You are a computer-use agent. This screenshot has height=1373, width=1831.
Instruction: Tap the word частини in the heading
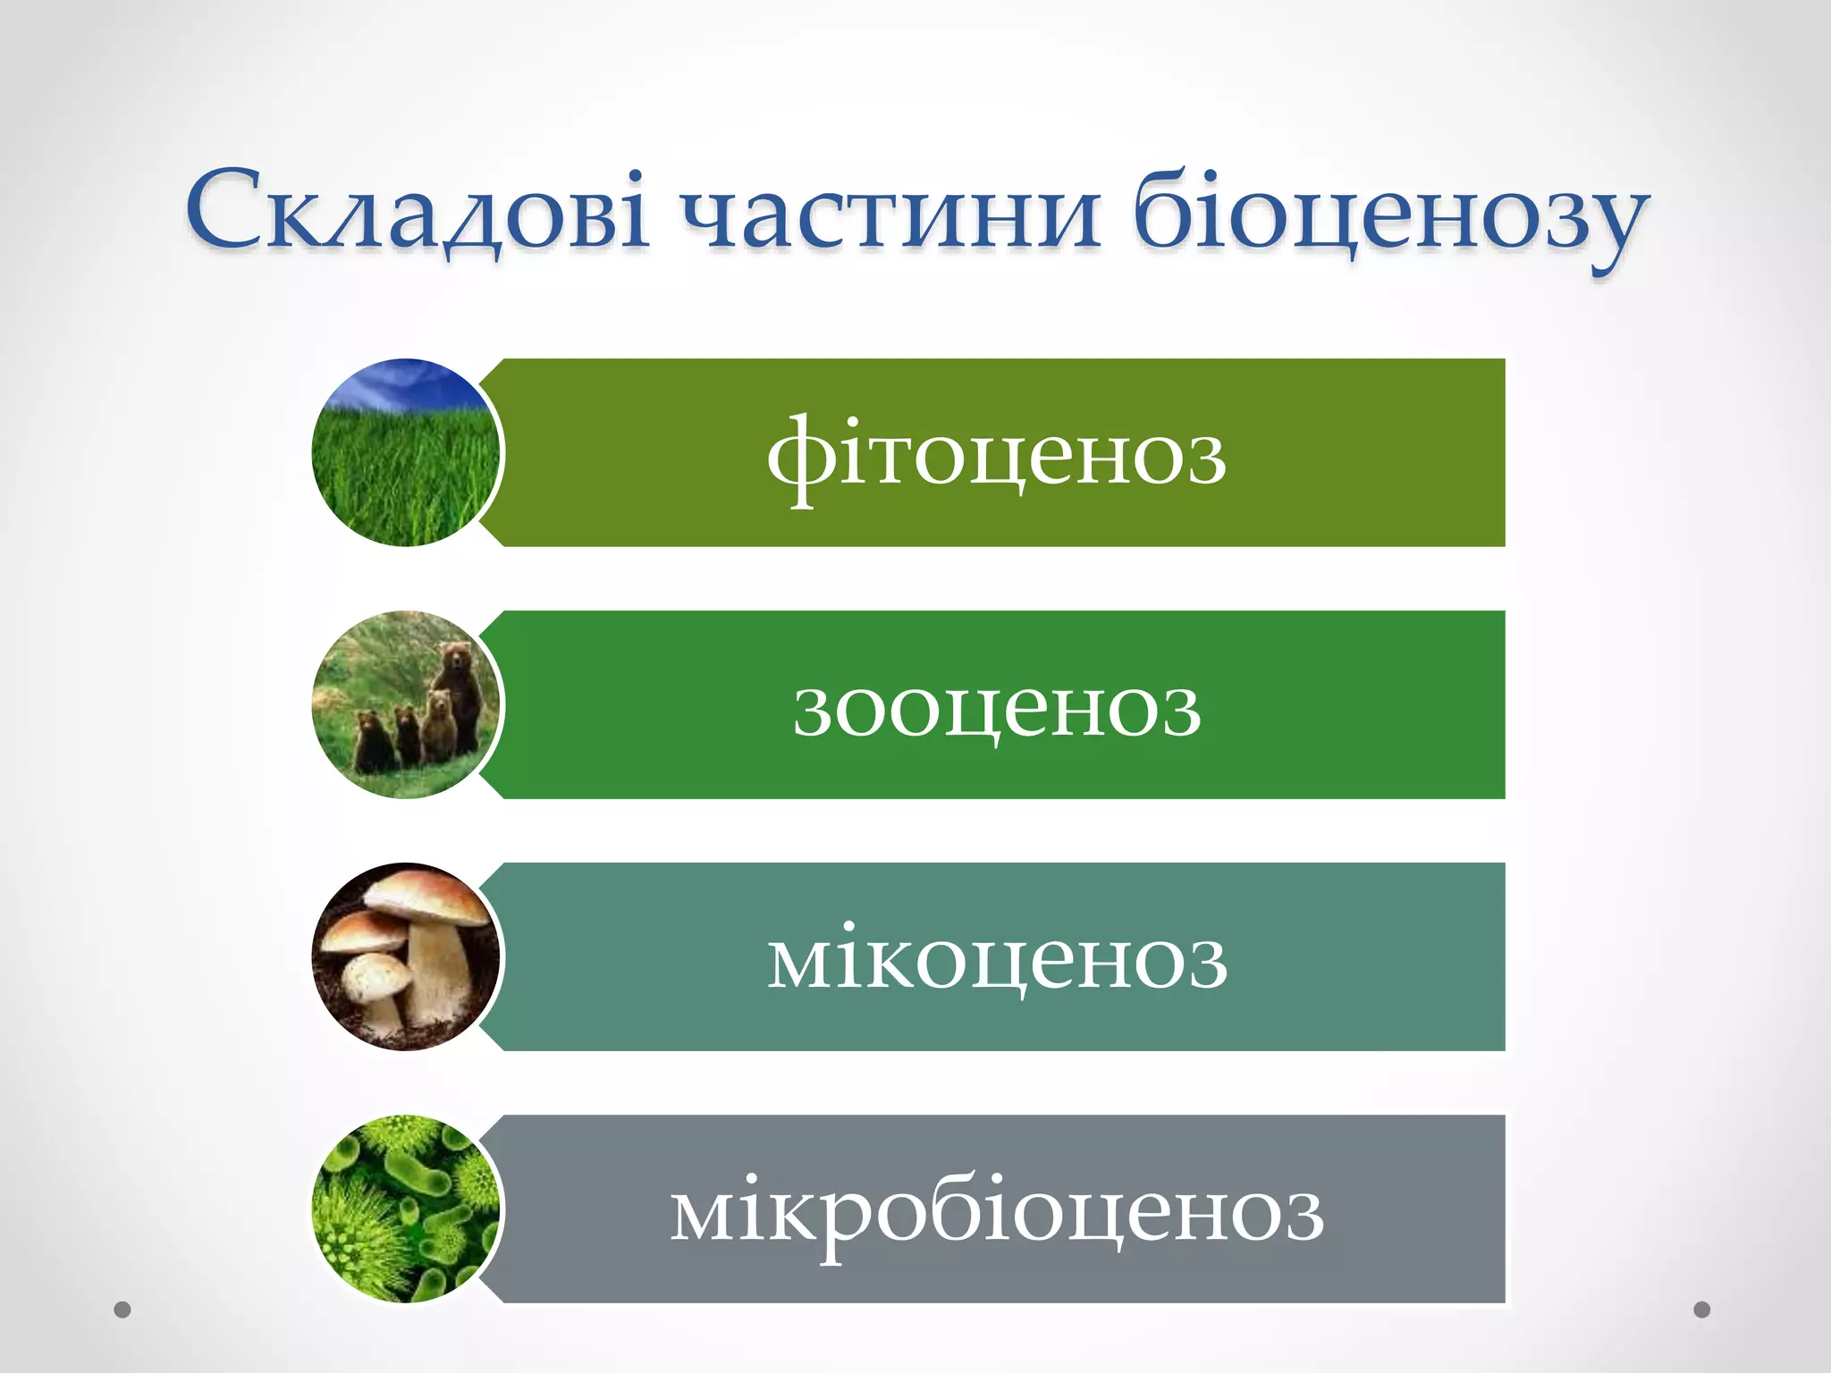(890, 215)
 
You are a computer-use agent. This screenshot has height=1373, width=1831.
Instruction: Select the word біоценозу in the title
(1390, 215)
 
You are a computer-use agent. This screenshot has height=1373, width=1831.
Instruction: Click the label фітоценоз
(996, 456)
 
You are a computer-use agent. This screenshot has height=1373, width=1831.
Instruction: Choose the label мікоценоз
(996, 960)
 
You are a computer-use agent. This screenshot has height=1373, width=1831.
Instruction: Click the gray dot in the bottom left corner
(122, 1310)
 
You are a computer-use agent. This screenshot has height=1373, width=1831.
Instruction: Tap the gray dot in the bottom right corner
(1702, 1310)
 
